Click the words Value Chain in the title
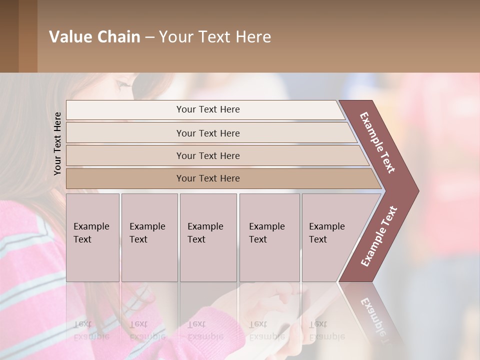pyautogui.click(x=94, y=37)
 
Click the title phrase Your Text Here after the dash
pyautogui.click(x=215, y=37)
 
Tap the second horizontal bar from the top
pyautogui.click(x=208, y=133)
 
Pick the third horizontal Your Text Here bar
pyautogui.click(x=208, y=155)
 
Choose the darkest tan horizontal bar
pyautogui.click(x=208, y=178)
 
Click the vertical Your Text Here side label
pyautogui.click(x=57, y=143)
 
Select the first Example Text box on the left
pyautogui.click(x=92, y=237)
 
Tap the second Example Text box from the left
pyautogui.click(x=149, y=237)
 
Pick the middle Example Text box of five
pyautogui.click(x=208, y=237)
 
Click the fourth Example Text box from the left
pyautogui.click(x=269, y=237)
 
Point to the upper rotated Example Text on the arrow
pyautogui.click(x=377, y=142)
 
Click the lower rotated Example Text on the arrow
pyautogui.click(x=378, y=236)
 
